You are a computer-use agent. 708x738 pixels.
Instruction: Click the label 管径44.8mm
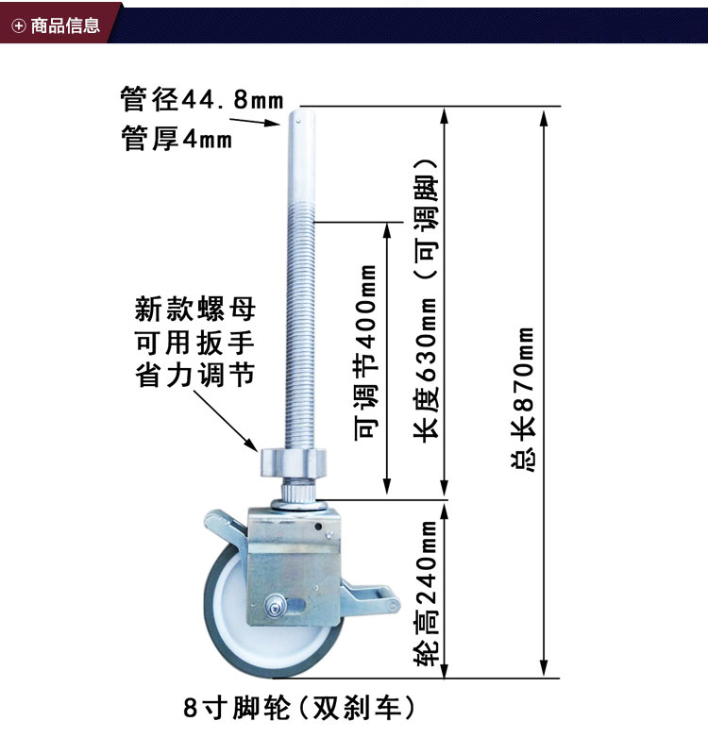202,97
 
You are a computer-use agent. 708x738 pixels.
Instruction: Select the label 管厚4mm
177,139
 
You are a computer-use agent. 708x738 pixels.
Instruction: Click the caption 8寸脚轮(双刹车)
300,706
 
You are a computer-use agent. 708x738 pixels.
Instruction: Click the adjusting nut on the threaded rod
295,463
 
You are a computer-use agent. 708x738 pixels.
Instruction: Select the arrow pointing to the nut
237,425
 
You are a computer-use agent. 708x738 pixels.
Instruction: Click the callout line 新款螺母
195,309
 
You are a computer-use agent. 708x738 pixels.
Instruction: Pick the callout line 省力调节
195,375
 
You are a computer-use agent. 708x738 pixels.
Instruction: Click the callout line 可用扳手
195,342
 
